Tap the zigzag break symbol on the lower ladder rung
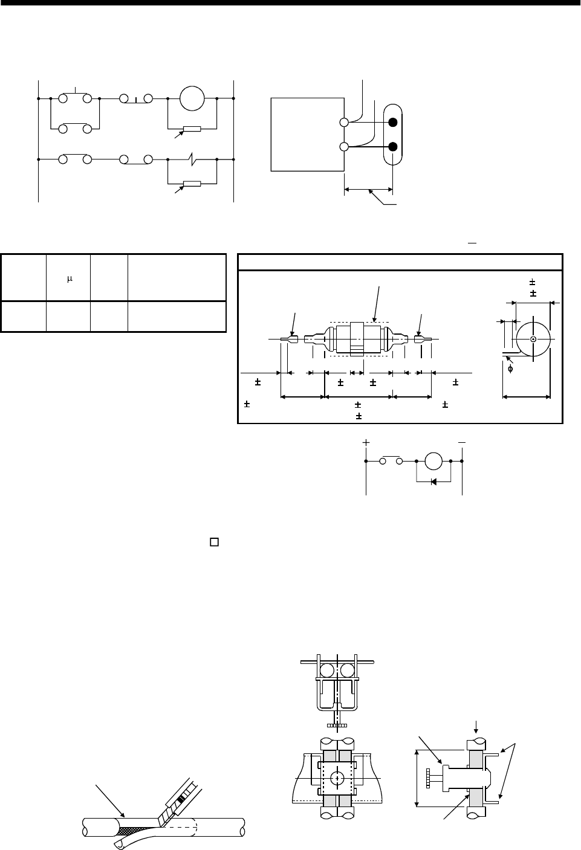point(190,160)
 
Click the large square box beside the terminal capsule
point(307,135)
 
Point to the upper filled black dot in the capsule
point(393,123)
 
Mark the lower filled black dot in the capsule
point(393,147)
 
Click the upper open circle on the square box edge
point(344,123)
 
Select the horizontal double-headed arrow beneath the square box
point(368,190)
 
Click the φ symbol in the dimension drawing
point(510,369)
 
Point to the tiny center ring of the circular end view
point(533,339)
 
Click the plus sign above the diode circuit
point(366,443)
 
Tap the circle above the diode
point(434,461)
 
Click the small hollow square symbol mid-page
point(213,542)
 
